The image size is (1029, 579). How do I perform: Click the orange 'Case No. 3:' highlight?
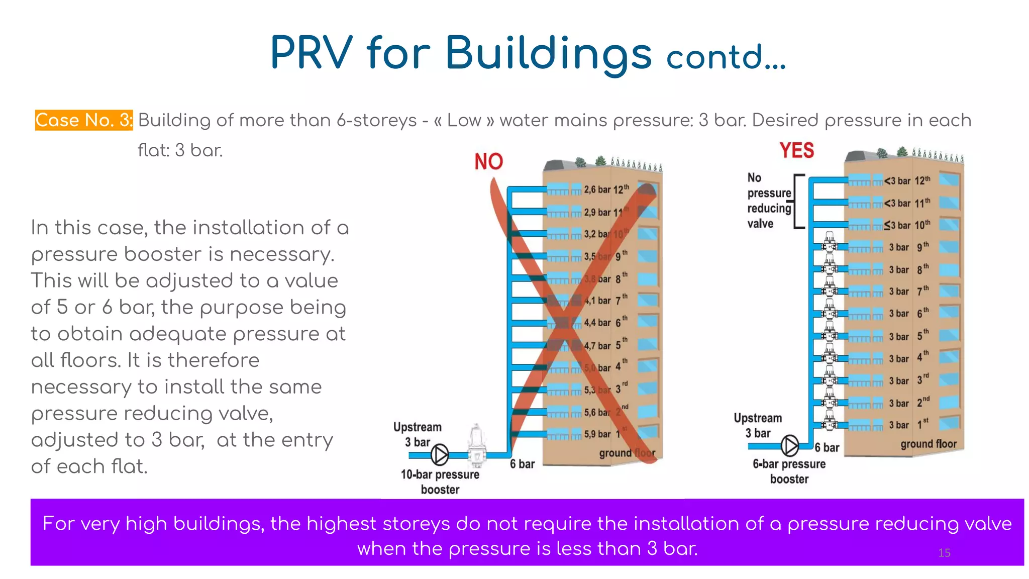[x=83, y=121]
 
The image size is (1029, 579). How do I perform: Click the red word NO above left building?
[x=488, y=162]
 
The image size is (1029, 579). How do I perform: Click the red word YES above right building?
[x=796, y=150]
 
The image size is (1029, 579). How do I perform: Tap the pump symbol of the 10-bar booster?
[x=440, y=455]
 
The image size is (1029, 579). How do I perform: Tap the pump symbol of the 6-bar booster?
[x=790, y=445]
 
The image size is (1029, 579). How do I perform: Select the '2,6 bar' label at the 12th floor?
[x=597, y=189]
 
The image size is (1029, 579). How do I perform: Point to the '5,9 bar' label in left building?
[x=597, y=434]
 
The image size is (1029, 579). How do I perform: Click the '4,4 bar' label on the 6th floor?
[x=597, y=323]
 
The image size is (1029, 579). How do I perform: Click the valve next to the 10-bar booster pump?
[x=476, y=445]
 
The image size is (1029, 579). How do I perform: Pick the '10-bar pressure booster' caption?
[x=440, y=481]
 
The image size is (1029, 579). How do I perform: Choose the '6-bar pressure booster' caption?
[x=789, y=471]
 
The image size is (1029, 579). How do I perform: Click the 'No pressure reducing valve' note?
[x=769, y=201]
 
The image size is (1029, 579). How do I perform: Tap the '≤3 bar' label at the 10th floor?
[x=897, y=225]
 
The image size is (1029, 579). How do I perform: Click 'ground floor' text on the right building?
[x=928, y=444]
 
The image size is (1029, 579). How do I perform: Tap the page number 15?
[x=944, y=553]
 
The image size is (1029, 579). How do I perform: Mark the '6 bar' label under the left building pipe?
[x=522, y=464]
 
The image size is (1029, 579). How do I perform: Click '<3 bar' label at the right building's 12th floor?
[x=897, y=181]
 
